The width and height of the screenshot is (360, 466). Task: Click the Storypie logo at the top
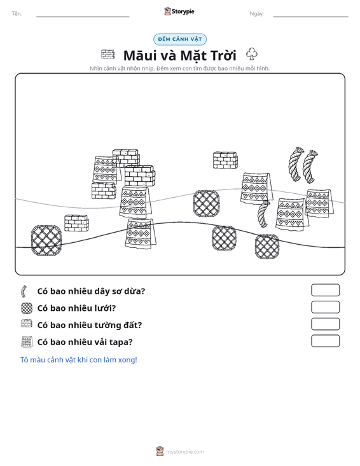[179, 11]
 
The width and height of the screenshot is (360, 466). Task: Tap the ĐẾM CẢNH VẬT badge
[180, 39]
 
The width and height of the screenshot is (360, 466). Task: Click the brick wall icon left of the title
[107, 55]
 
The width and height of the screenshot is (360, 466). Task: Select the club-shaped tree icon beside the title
[251, 54]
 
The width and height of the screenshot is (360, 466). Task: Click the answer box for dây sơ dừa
[325, 290]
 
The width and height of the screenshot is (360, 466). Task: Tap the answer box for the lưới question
[325, 307]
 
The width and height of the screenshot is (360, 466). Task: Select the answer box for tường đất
[325, 324]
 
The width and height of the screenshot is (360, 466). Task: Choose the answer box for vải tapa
[325, 341]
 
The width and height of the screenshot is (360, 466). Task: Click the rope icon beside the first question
[24, 292]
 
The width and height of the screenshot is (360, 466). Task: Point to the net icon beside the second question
[27, 308]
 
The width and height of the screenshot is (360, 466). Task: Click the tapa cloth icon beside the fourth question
[27, 342]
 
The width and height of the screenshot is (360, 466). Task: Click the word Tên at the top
[17, 14]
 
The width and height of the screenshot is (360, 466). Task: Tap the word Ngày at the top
[256, 14]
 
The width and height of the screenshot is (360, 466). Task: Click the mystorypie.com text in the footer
[185, 452]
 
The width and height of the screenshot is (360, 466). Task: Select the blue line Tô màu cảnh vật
[78, 360]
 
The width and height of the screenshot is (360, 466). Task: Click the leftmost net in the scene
[46, 240]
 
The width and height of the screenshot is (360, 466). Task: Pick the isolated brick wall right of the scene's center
[225, 160]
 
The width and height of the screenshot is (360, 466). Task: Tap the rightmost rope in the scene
[310, 167]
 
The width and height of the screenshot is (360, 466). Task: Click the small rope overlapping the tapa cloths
[263, 214]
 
